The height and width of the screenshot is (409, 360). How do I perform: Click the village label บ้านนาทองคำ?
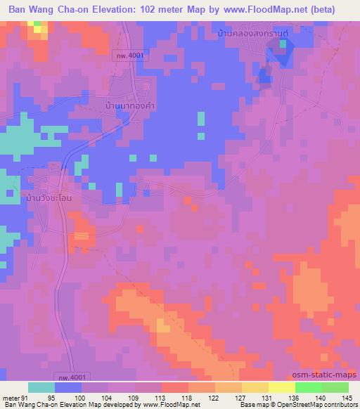click(128, 105)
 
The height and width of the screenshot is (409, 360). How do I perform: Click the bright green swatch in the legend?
click(308, 387)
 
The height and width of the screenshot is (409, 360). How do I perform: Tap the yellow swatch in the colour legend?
click(281, 387)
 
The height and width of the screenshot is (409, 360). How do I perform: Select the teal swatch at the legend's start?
click(41, 387)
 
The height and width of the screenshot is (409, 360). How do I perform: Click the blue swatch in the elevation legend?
click(68, 387)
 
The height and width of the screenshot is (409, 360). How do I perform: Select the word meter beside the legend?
click(10, 398)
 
